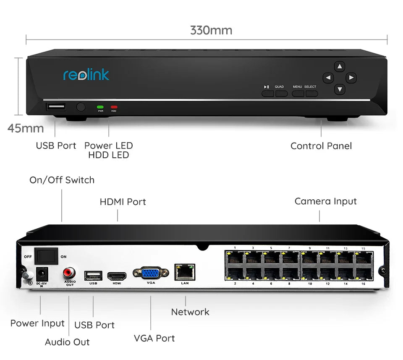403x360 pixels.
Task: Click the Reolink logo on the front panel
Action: [x=86, y=75]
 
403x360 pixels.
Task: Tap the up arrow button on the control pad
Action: [x=340, y=66]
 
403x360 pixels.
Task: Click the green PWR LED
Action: [x=100, y=107]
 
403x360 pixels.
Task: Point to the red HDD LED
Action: [x=113, y=107]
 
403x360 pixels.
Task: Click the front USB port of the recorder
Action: [x=56, y=107]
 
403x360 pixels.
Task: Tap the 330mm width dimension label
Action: [x=211, y=30]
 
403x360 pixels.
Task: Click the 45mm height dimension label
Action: [x=26, y=128]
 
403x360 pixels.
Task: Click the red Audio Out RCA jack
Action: [x=69, y=273]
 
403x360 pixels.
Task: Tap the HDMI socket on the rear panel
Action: [x=117, y=276]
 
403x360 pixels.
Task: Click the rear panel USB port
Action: [x=93, y=275]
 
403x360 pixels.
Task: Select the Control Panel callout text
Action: [x=321, y=146]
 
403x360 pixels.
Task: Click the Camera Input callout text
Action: [x=325, y=201]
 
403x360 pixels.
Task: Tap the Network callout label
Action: [x=190, y=312]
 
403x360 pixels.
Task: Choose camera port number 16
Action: [x=364, y=274]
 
